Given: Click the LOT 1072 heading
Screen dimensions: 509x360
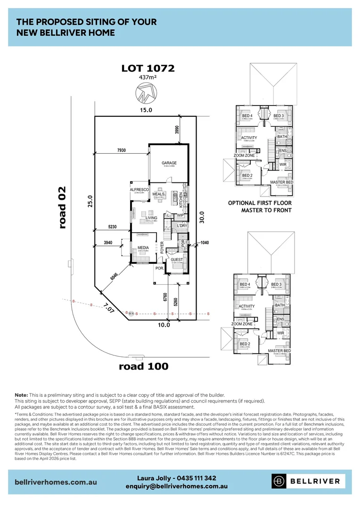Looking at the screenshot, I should [x=148, y=68].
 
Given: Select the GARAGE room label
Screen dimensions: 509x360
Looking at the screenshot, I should [x=169, y=163].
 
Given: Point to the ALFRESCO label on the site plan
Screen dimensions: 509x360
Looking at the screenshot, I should [x=139, y=189].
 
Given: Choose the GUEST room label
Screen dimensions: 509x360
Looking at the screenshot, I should [x=177, y=260].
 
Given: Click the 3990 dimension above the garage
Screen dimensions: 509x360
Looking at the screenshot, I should [x=177, y=131].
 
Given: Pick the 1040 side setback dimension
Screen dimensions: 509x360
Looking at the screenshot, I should [x=204, y=243].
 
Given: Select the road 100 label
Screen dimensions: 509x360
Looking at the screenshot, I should [x=144, y=366].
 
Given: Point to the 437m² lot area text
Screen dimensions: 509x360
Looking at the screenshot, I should [x=148, y=78].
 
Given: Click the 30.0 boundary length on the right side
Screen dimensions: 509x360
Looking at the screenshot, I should [x=202, y=218].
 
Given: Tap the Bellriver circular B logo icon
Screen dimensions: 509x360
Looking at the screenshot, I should [x=279, y=481].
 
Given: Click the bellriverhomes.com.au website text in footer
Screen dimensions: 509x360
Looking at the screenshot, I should [x=56, y=482].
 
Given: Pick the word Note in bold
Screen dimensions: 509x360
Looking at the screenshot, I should [x=21, y=394].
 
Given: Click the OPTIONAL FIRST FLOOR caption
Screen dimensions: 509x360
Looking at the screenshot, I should [x=260, y=203].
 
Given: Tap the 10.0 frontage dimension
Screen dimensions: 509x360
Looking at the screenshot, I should [x=164, y=325].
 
